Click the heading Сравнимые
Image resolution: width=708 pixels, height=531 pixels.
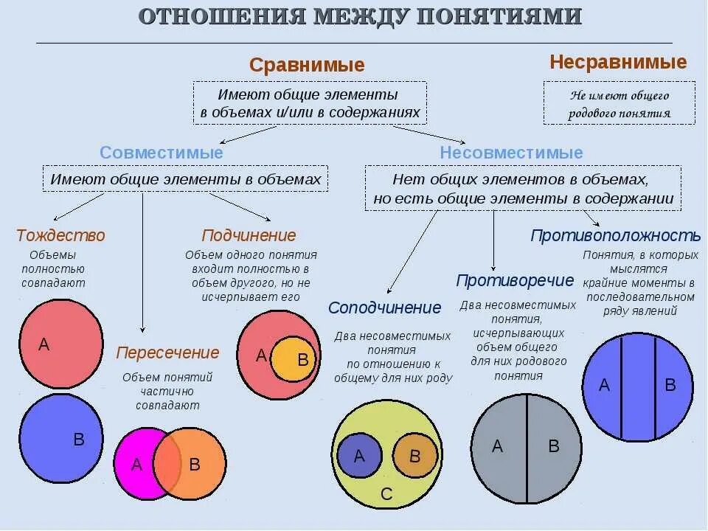click(x=307, y=65)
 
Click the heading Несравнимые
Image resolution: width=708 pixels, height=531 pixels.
click(x=618, y=62)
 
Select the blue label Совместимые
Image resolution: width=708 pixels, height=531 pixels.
click(x=162, y=153)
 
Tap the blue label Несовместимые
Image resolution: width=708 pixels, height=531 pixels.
click(x=511, y=153)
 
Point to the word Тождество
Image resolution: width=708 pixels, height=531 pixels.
click(x=60, y=235)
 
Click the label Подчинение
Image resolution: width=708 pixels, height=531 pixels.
click(x=249, y=235)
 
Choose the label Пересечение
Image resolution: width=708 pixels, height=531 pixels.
click(x=167, y=353)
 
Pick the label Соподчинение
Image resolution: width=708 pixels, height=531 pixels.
click(x=384, y=308)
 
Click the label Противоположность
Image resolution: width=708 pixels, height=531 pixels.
click(x=615, y=235)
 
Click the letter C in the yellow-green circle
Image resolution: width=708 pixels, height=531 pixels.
click(x=386, y=495)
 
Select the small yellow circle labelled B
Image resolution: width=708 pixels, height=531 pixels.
click(x=294, y=360)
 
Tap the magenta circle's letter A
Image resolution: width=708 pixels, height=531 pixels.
click(x=136, y=465)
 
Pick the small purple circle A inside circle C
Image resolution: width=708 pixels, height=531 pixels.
click(x=359, y=456)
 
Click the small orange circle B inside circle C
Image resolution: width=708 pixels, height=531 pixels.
click(x=414, y=456)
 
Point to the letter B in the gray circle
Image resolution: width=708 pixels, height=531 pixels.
click(x=554, y=446)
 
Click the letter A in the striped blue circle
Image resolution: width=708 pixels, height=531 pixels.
click(x=604, y=385)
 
